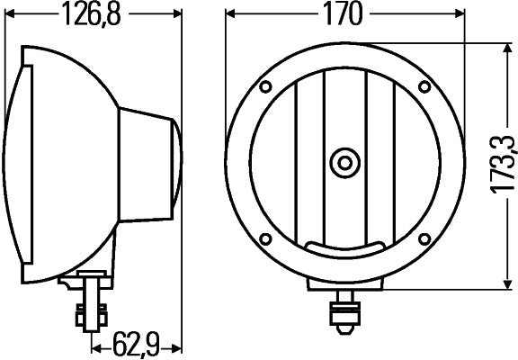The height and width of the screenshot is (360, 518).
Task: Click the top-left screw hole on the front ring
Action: click(x=266, y=87)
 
